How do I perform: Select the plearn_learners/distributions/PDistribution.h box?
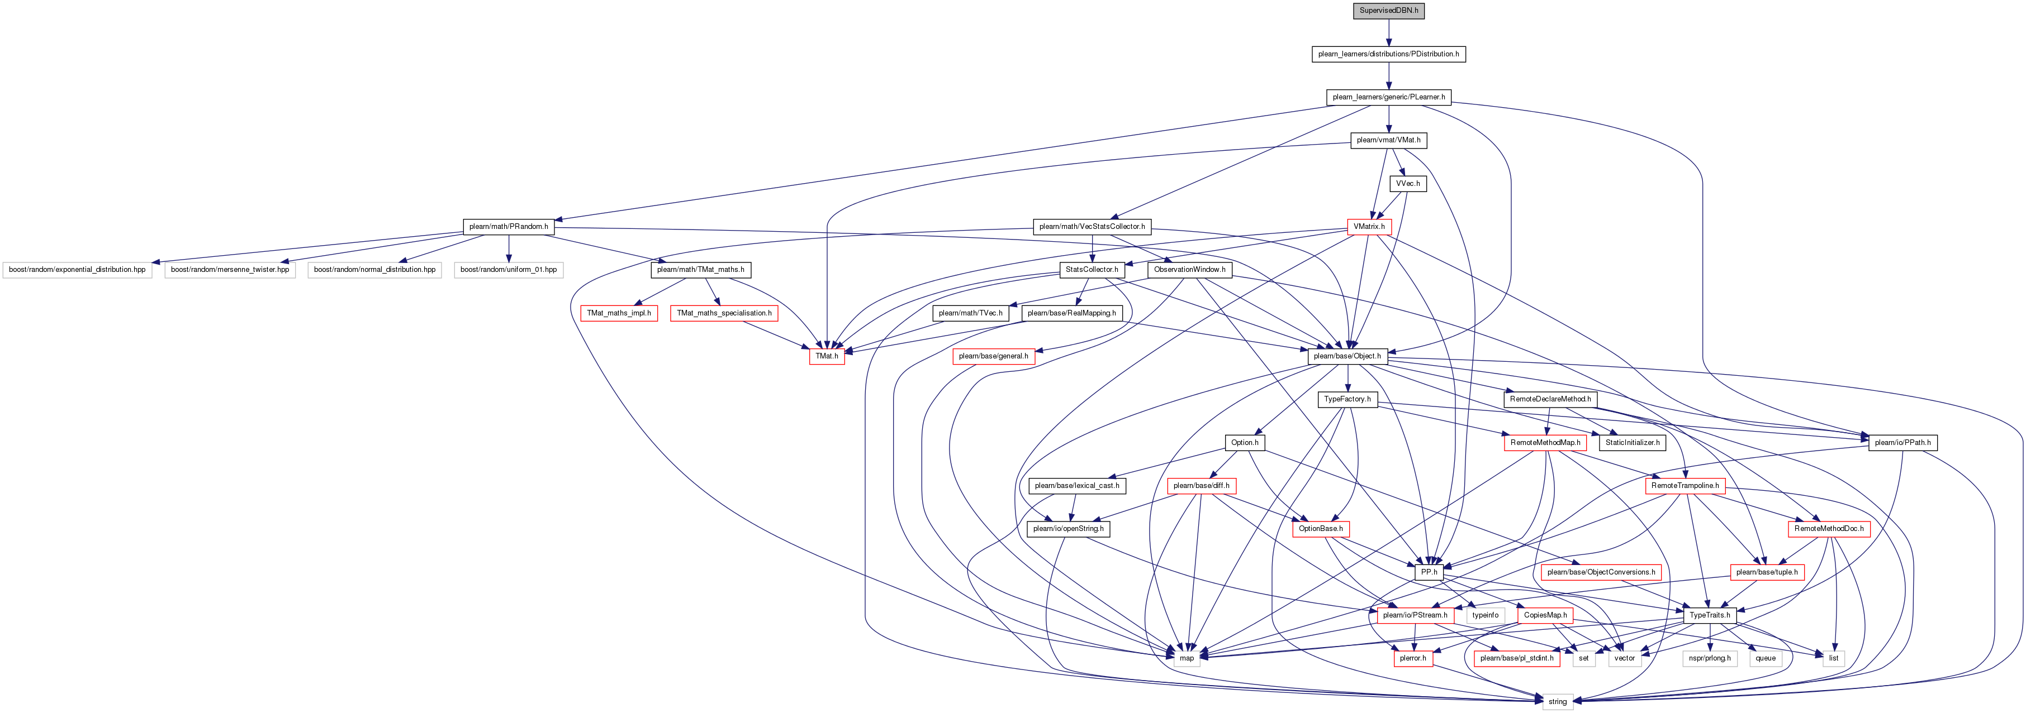(x=1389, y=54)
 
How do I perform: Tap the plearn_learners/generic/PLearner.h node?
(x=1389, y=98)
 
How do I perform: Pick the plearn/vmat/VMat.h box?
(x=1389, y=141)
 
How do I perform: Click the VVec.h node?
(x=1408, y=184)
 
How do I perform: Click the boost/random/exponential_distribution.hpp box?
(x=77, y=270)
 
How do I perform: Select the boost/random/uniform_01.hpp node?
(x=509, y=270)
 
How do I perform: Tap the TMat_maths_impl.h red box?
(x=619, y=313)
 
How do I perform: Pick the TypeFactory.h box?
(x=1347, y=399)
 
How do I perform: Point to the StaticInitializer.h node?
(x=1633, y=443)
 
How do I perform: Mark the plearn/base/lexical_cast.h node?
(x=1076, y=486)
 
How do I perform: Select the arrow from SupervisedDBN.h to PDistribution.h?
(x=1389, y=32)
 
